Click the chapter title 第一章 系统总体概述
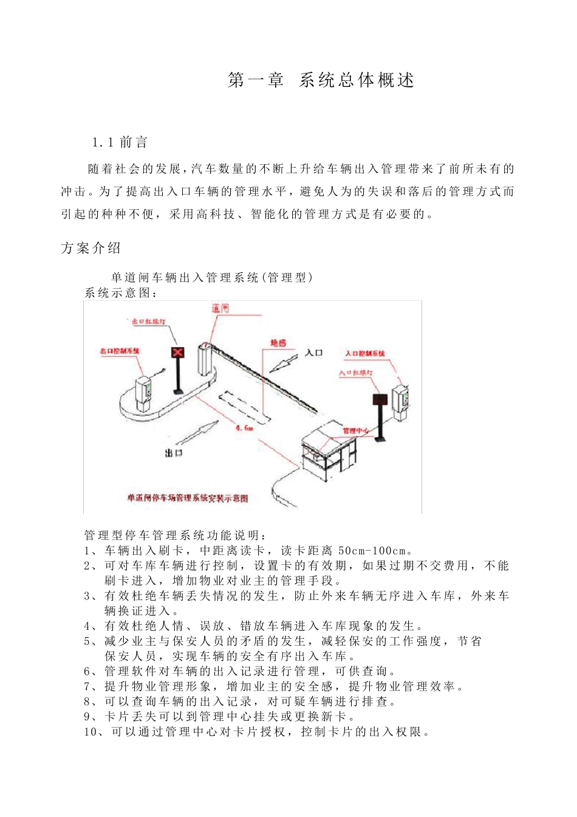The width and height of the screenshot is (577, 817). coord(321,80)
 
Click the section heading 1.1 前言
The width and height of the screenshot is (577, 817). coord(120,142)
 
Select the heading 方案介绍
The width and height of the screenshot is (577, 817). coord(91,248)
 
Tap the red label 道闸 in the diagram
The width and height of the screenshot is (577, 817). coord(220,309)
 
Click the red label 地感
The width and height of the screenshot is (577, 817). coord(278,343)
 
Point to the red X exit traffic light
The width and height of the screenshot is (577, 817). coord(178,352)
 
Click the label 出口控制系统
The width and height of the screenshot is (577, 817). coord(120,351)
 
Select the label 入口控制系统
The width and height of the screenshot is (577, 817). coord(365,353)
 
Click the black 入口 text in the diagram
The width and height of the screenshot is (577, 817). coord(314,353)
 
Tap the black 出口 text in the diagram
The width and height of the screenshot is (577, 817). coord(174,453)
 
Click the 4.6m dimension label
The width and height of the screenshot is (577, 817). coord(244,428)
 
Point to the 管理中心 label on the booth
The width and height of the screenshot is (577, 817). coord(355,431)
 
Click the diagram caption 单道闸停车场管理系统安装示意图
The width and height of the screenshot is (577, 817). coord(187,498)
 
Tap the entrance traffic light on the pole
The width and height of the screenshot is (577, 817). coord(380,399)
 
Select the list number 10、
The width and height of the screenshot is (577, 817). coord(94,732)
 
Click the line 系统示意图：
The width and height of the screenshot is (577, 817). coord(121,293)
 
